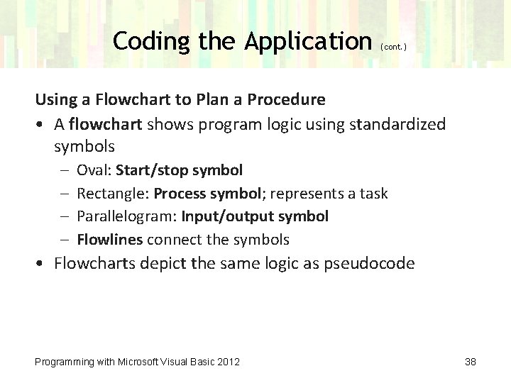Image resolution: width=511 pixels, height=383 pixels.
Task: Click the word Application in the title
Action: [308, 42]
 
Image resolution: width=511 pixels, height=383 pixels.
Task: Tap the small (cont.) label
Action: [394, 47]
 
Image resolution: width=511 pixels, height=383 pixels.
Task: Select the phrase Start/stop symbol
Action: [179, 170]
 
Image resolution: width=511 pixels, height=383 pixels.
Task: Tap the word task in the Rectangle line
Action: [373, 194]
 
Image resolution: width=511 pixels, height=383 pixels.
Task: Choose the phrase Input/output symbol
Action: [255, 216]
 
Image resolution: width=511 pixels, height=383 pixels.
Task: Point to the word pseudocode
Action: [377, 265]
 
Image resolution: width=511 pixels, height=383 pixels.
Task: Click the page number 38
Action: [470, 362]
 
